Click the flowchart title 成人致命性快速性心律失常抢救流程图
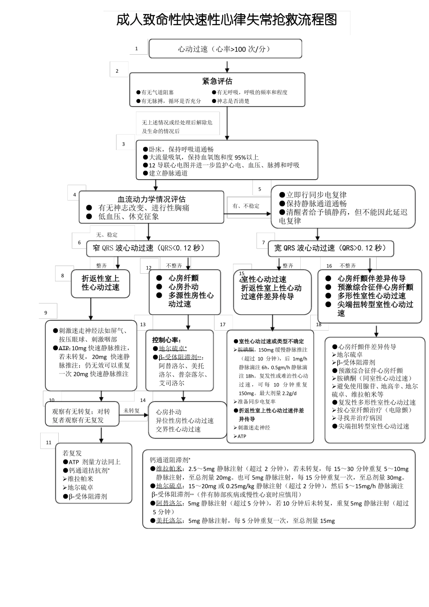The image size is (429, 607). [x=226, y=20]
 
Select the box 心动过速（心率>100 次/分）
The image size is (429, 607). [x=225, y=49]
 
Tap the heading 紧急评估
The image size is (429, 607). [x=217, y=81]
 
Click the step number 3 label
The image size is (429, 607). [x=123, y=144]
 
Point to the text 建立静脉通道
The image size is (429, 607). [x=168, y=173]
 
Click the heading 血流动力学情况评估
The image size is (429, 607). [x=151, y=199]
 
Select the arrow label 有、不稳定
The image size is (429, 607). [x=246, y=205]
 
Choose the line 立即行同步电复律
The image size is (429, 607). [x=316, y=195]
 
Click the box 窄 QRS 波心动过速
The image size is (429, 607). [x=153, y=248]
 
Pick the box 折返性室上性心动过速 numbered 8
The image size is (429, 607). [x=100, y=283]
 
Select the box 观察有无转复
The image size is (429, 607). [x=81, y=416]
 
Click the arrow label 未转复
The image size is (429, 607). [x=131, y=411]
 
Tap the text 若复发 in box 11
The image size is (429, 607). [x=72, y=453]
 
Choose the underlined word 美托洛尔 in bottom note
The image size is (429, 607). [x=169, y=521]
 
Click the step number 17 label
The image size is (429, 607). [x=223, y=324]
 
